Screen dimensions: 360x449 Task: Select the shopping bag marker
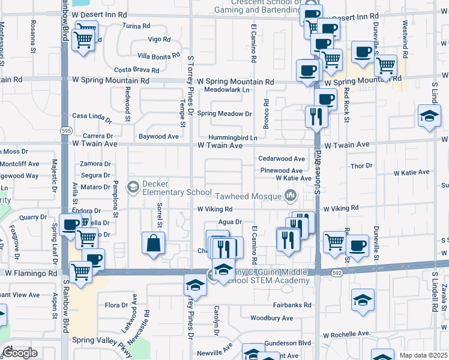[x=154, y=244]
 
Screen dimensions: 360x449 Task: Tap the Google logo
[x=20, y=353]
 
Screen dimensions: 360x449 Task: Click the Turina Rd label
[x=136, y=26]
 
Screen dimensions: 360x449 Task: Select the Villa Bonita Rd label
[x=158, y=55]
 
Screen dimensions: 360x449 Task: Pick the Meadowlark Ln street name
[x=226, y=89]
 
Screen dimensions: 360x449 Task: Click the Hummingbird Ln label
[x=233, y=138]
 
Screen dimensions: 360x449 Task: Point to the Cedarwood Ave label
[x=282, y=159]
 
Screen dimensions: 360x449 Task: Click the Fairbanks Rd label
[x=290, y=305]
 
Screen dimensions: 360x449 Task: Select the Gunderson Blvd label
[x=291, y=343]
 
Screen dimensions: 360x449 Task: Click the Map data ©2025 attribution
[x=423, y=355]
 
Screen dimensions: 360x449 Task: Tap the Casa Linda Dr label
[x=92, y=116]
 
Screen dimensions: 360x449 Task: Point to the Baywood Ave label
[x=158, y=136]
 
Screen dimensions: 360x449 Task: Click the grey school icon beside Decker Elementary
[x=133, y=188]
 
